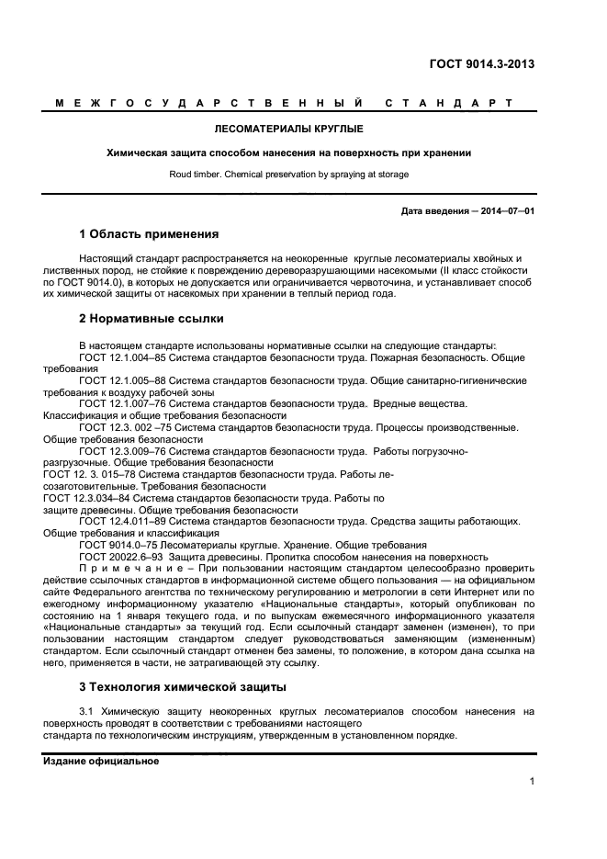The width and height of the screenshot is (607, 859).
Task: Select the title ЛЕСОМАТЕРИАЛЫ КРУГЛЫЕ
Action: [288, 129]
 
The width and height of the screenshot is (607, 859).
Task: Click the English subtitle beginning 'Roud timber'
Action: [288, 174]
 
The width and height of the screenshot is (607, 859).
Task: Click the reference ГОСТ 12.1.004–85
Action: [123, 356]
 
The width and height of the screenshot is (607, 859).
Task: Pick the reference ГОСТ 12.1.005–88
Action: [123, 379]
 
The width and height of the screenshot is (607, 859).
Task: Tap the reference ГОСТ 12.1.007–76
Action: [123, 403]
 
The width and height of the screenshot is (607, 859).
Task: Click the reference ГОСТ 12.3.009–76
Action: [123, 451]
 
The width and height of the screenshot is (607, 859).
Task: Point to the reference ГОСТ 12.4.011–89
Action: [123, 521]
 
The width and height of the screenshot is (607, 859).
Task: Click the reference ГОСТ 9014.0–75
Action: [118, 545]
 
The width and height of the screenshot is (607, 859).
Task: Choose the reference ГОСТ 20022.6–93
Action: [120, 557]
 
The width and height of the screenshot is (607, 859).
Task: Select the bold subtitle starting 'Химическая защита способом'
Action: [288, 153]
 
